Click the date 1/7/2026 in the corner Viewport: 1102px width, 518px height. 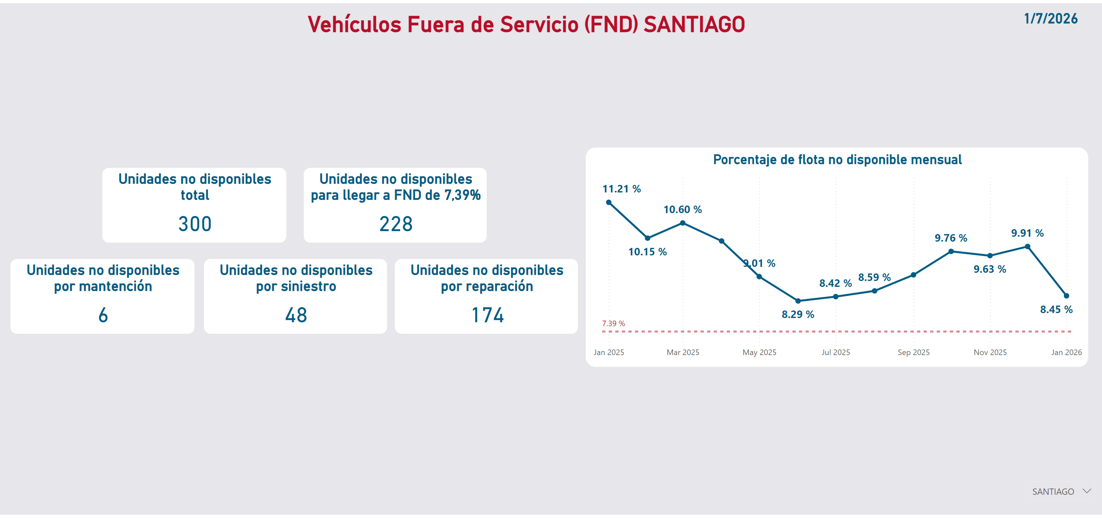tap(1050, 19)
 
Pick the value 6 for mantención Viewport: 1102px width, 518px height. tap(103, 315)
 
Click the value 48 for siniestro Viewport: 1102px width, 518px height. tap(296, 315)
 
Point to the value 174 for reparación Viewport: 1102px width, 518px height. tap(487, 315)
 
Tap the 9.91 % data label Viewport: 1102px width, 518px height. tap(1027, 233)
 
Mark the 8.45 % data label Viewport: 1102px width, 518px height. tap(1056, 309)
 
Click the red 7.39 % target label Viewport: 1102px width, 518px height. tap(613, 323)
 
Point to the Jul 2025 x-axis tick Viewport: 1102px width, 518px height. tap(835, 352)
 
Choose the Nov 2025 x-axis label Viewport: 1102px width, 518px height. tap(990, 352)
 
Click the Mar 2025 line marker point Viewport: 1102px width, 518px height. tap(683, 223)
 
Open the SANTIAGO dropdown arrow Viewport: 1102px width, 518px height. tap(1086, 491)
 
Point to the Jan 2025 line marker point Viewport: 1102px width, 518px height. tap(609, 202)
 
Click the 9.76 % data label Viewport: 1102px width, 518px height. tap(950, 238)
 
